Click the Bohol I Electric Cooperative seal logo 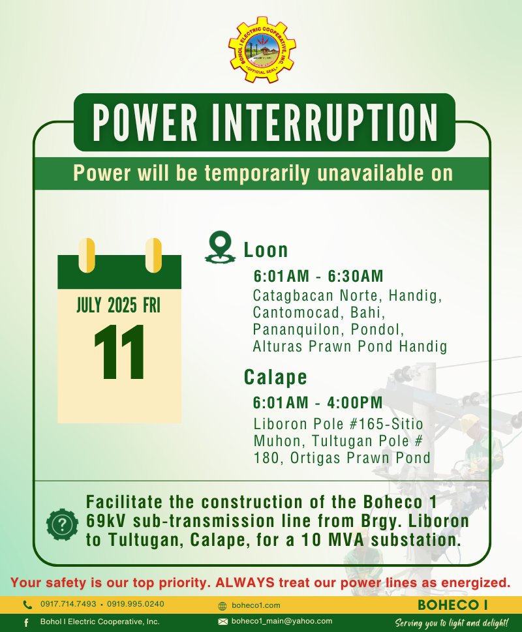coord(262,50)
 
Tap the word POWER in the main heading coord(145,123)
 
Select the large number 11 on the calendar coord(119,352)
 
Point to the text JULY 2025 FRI coord(119,305)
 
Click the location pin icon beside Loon coord(220,247)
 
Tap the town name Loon coord(266,250)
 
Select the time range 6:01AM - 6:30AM coord(318,276)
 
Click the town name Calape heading coord(275,378)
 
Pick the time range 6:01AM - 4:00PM coord(318,402)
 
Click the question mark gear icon coord(63,524)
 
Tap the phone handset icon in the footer coord(27,605)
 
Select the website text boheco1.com coord(256,605)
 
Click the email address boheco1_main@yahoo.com coord(282,621)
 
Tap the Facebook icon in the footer coord(26,623)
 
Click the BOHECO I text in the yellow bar coord(453,605)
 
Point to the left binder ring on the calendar coord(87,255)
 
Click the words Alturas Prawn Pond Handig coord(350,346)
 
